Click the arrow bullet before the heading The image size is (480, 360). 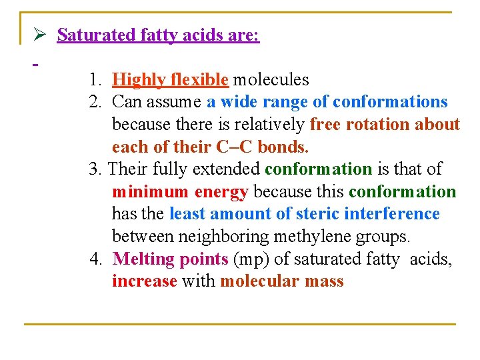click(x=40, y=35)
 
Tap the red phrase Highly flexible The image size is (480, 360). click(x=170, y=80)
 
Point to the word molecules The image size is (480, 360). click(x=271, y=80)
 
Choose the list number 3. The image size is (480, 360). click(x=95, y=169)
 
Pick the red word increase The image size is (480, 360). click(x=145, y=281)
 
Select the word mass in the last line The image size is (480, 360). click(x=324, y=281)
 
